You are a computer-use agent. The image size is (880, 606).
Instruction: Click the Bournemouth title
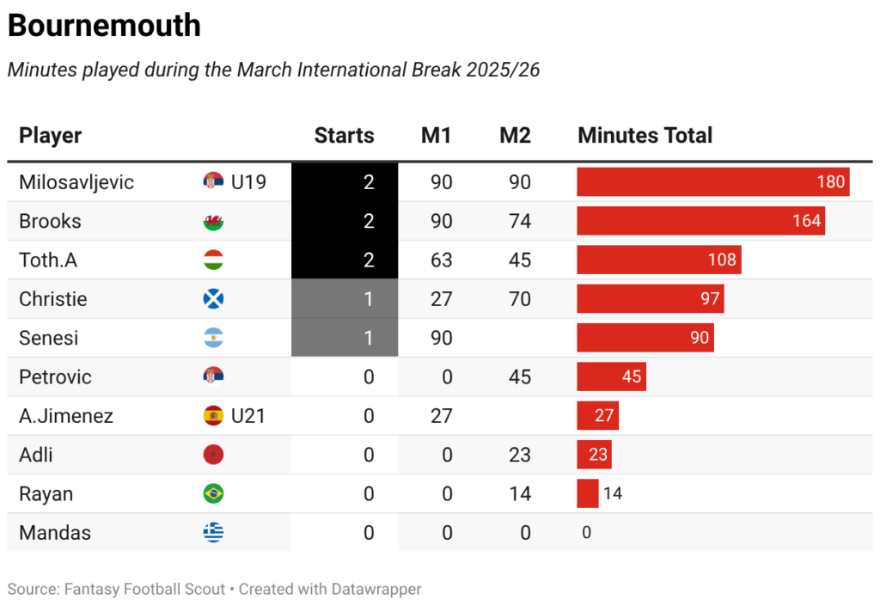click(x=104, y=26)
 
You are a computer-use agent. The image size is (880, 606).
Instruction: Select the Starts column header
click(x=344, y=135)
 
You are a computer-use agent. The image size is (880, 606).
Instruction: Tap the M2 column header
click(x=515, y=135)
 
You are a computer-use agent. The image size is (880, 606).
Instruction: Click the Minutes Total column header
click(x=645, y=135)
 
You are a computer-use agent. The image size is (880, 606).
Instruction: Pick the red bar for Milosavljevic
click(x=712, y=182)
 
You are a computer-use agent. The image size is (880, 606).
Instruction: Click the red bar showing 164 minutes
click(x=700, y=221)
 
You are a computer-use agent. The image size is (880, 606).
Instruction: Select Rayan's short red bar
click(x=588, y=493)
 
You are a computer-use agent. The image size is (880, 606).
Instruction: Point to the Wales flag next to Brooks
click(x=213, y=222)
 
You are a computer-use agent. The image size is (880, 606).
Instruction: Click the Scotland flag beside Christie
click(x=213, y=299)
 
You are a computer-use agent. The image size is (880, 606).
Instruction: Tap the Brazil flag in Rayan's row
click(x=213, y=494)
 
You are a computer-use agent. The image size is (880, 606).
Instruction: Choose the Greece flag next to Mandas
click(x=213, y=533)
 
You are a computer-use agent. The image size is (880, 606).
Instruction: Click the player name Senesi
click(x=49, y=338)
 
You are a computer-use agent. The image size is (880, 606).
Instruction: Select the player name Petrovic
click(x=55, y=377)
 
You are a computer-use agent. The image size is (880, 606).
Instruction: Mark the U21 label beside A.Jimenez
click(x=247, y=416)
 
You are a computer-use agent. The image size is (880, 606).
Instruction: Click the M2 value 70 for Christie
click(x=519, y=299)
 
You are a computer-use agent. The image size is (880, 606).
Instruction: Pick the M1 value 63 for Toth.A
click(x=441, y=260)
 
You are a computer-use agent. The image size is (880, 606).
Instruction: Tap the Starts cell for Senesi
click(x=345, y=338)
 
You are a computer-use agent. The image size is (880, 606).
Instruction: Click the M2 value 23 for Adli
click(x=519, y=455)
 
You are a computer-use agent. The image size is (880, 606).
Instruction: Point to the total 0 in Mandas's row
click(x=586, y=533)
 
